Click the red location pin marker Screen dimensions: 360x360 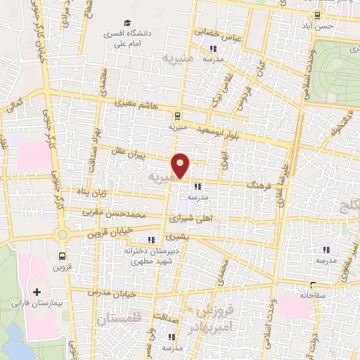click(181, 165)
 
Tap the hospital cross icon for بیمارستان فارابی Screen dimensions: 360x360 click(37, 291)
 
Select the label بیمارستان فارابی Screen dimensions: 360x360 click(37, 304)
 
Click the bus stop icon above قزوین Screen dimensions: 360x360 click(63, 257)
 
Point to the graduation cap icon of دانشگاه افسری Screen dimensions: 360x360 click(127, 23)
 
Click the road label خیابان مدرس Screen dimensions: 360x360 click(107, 290)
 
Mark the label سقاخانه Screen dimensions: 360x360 click(311, 295)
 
